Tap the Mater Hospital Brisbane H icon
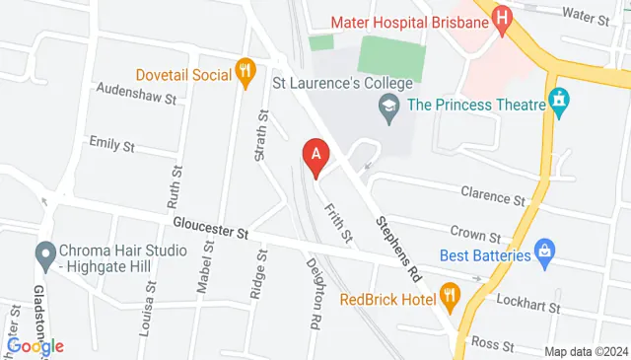coord(502,19)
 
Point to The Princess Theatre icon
coord(560,101)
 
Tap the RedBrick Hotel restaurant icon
coord(450,293)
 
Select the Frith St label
coord(339,223)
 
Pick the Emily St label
coord(111,144)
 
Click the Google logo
coord(35,345)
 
